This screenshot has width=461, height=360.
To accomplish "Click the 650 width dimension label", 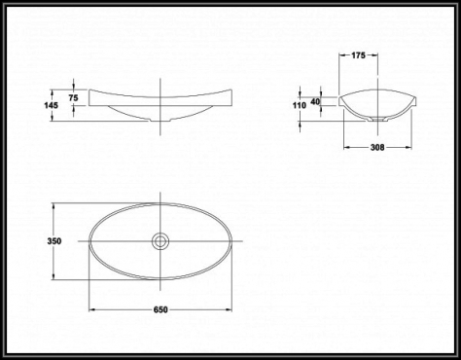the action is coord(160,309).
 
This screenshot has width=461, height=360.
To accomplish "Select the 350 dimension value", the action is coord(54,241).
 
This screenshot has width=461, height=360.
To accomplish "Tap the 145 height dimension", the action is coord(52,105).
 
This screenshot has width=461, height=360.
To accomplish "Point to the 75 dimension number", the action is coord(74,97).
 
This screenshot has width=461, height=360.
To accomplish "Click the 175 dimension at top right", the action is coord(358,55).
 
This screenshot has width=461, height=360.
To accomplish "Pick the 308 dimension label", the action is coord(377,148).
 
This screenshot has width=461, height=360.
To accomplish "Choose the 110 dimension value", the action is coord(300,105).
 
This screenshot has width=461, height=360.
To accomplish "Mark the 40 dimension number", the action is coord(315,101).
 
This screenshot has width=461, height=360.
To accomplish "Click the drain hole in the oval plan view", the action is coord(160,241).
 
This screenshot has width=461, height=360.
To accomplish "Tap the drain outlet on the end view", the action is coord(377,120).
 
